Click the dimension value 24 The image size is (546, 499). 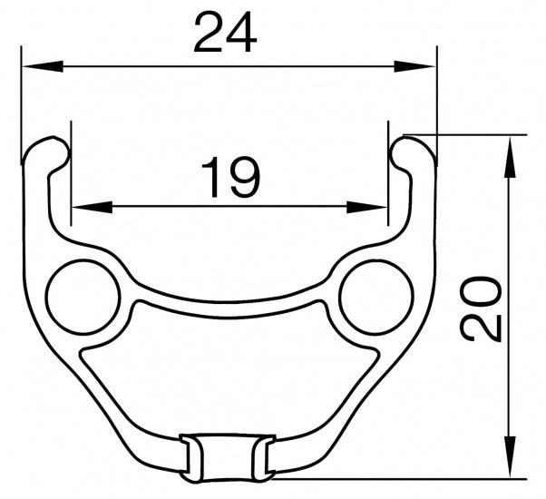tap(226, 34)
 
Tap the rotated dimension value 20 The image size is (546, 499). tap(482, 308)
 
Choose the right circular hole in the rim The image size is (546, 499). tap(376, 296)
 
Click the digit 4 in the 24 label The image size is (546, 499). tap(242, 34)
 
